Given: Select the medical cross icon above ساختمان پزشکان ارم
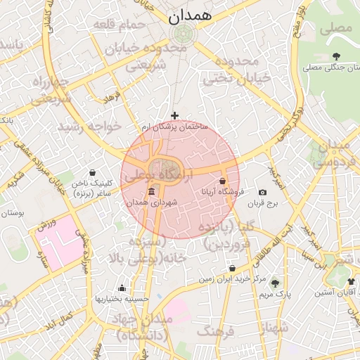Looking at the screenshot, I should [175, 115].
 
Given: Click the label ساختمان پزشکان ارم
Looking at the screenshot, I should [174, 127].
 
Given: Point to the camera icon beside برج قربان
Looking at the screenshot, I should [263, 192].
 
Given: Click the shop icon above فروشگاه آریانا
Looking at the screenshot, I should [223, 181].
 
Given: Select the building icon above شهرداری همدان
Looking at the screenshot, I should [152, 192].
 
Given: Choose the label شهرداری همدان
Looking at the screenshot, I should [153, 202].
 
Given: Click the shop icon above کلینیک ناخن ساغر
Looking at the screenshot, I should [93, 172].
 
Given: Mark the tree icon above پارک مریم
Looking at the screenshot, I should [275, 283].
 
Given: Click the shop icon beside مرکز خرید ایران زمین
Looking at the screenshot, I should [233, 268].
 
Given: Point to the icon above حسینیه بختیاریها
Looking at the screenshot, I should [122, 288].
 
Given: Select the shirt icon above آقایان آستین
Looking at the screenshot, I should [351, 282].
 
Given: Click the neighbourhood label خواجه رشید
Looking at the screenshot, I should [89, 126].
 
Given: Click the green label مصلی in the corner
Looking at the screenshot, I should [335, 29].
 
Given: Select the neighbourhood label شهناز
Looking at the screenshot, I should [271, 328].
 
